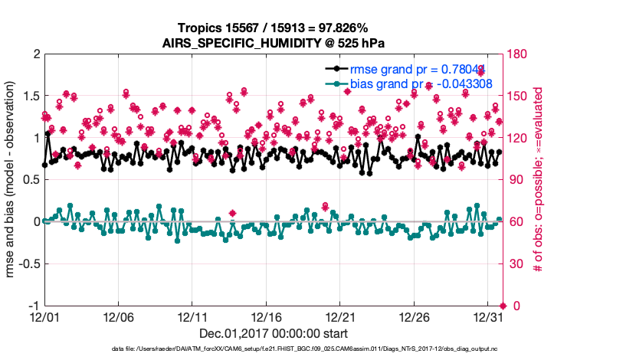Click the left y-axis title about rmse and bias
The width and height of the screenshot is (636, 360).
pos(13,181)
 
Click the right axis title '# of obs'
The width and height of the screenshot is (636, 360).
pos(539,181)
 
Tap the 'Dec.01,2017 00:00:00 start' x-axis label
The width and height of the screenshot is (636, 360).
pos(273,333)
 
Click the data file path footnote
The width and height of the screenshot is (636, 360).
pos(305,349)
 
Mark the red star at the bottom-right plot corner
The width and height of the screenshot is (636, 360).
pos(503,306)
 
